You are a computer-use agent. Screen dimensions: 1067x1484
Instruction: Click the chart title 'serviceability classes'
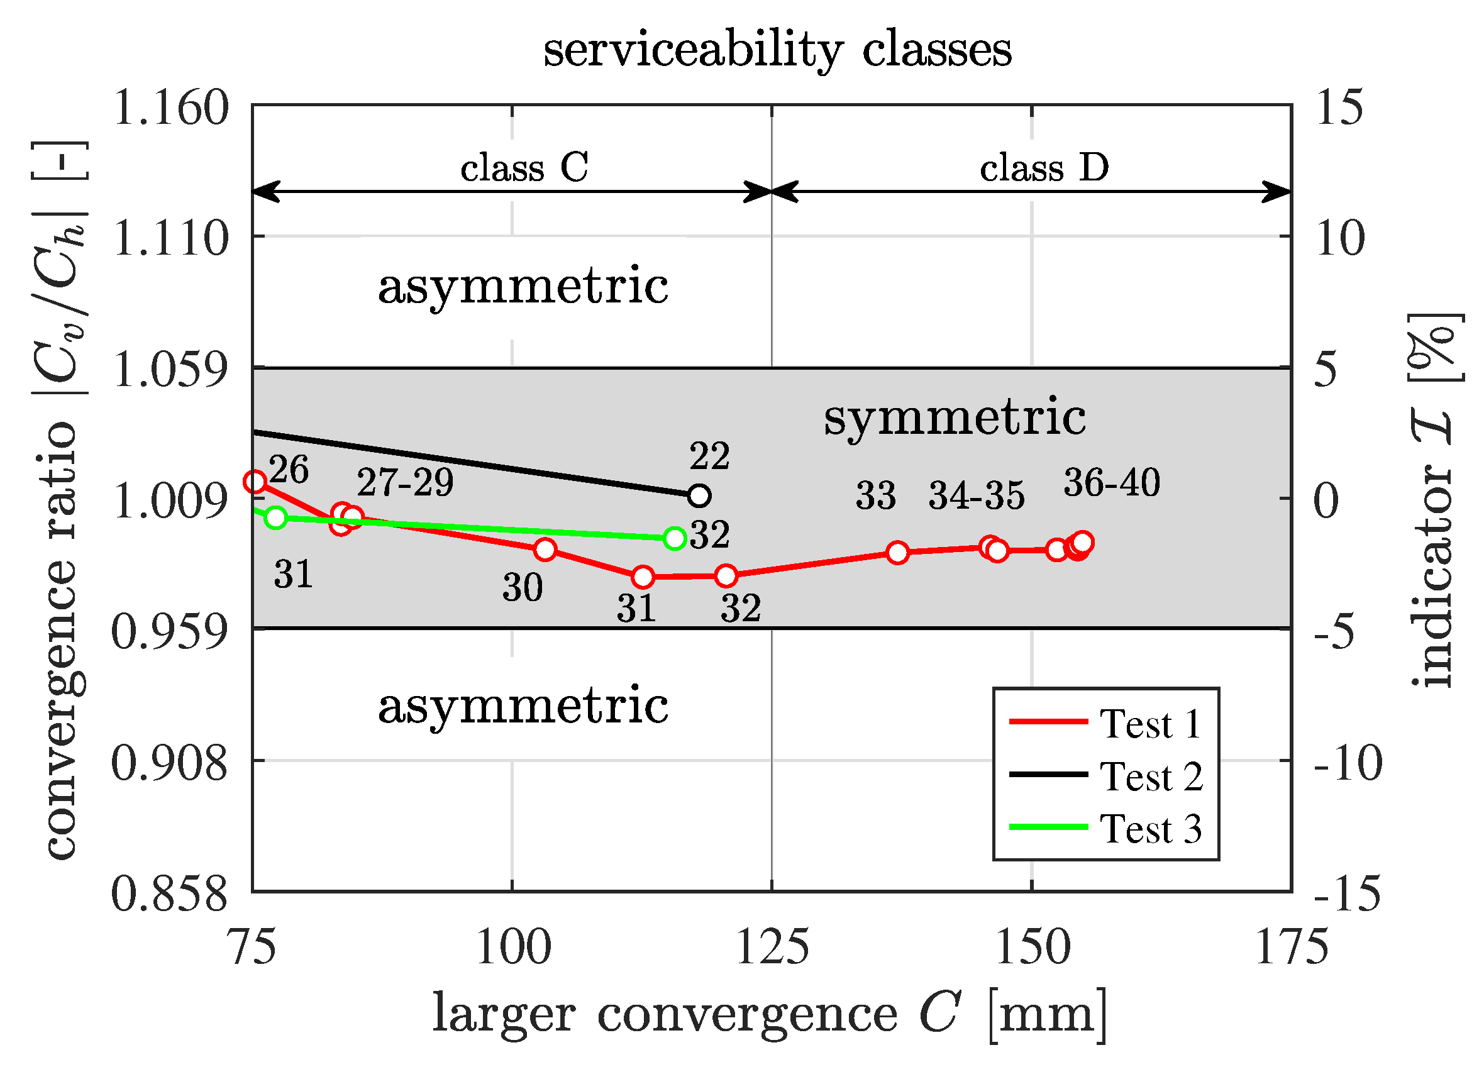[x=777, y=50]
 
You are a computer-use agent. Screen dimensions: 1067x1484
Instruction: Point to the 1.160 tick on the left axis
[x=170, y=108]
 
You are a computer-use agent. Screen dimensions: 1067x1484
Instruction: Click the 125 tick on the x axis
[x=772, y=948]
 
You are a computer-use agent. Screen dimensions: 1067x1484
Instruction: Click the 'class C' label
[x=524, y=167]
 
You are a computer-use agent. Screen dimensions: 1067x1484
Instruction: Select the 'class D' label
[x=1044, y=167]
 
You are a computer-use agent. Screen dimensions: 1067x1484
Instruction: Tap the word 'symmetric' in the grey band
[x=955, y=417]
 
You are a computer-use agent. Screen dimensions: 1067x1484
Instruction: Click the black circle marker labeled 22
[x=699, y=496]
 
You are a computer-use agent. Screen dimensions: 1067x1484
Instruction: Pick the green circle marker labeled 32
[x=675, y=538]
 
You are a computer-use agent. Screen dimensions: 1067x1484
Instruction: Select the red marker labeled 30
[x=545, y=550]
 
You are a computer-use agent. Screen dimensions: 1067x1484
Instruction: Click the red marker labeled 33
[x=898, y=553]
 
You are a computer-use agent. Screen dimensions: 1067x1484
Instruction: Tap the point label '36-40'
[x=1112, y=483]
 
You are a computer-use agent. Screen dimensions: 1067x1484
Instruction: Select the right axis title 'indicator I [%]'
[x=1433, y=500]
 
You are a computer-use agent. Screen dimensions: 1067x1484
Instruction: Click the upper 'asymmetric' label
[x=523, y=287]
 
